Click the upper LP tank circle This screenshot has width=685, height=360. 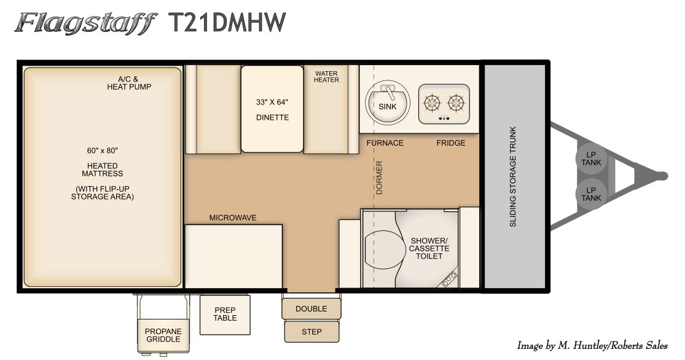(x=590, y=158)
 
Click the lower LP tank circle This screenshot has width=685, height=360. (x=590, y=194)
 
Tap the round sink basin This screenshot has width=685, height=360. (x=388, y=103)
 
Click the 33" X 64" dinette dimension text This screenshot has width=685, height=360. (x=272, y=102)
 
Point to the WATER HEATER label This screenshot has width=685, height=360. (x=326, y=77)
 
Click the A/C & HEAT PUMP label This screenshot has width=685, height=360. (x=129, y=83)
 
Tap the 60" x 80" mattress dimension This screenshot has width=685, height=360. (x=102, y=151)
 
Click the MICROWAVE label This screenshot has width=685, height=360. (x=233, y=217)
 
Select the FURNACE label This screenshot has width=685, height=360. (x=385, y=143)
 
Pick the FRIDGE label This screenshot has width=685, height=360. (x=451, y=143)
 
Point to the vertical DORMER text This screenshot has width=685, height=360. (x=379, y=178)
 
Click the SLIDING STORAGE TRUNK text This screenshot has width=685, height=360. (x=513, y=177)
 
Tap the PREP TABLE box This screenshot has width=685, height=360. (x=225, y=315)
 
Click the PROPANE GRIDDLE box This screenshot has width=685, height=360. (x=163, y=335)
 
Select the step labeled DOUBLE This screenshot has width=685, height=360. (x=311, y=309)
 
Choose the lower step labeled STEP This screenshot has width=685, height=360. (x=311, y=332)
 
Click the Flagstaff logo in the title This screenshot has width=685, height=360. (x=85, y=23)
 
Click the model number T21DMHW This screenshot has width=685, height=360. (x=227, y=22)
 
